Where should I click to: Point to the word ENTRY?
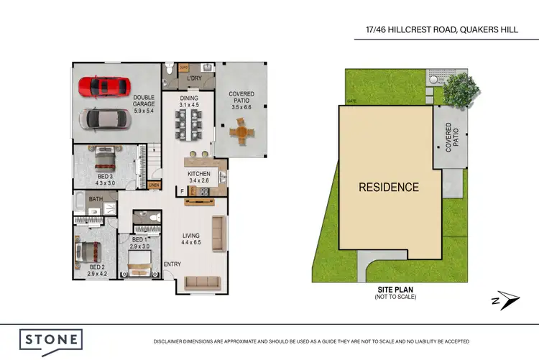pos(172,264)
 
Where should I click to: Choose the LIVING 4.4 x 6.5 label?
pos(191,239)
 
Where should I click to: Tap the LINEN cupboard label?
pos(153,185)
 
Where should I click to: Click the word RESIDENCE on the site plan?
pos(389,188)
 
